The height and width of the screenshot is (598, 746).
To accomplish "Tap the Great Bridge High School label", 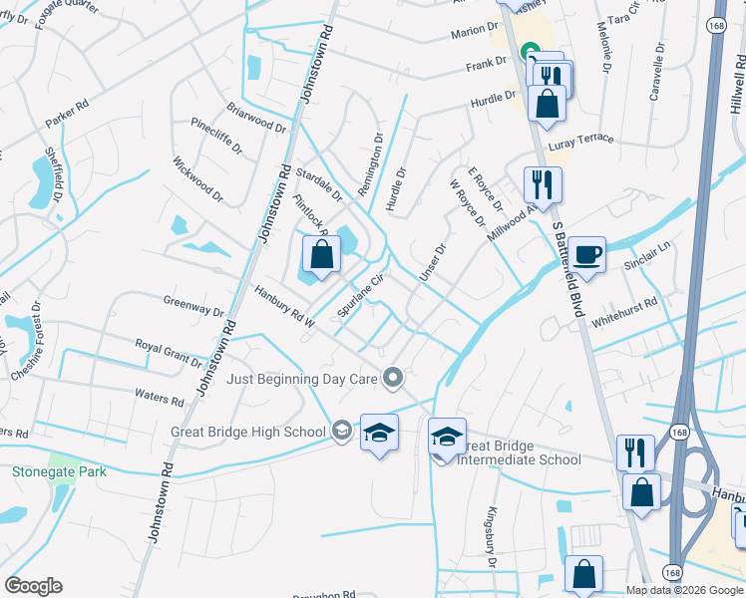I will click(x=262, y=432).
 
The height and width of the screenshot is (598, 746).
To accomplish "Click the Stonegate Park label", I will click(x=59, y=471).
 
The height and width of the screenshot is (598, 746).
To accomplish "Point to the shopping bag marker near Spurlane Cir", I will click(x=321, y=257).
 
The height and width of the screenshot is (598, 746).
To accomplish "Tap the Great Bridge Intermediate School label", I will click(x=519, y=452).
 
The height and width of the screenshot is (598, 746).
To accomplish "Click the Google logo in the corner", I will click(x=33, y=586).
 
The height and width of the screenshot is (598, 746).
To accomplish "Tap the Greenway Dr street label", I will click(x=193, y=305).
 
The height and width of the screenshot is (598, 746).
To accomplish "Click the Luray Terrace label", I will click(x=604, y=142).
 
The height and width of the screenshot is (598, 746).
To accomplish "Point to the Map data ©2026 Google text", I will click(x=683, y=589).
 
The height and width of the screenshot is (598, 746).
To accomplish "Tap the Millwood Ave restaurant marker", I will click(x=543, y=185).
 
